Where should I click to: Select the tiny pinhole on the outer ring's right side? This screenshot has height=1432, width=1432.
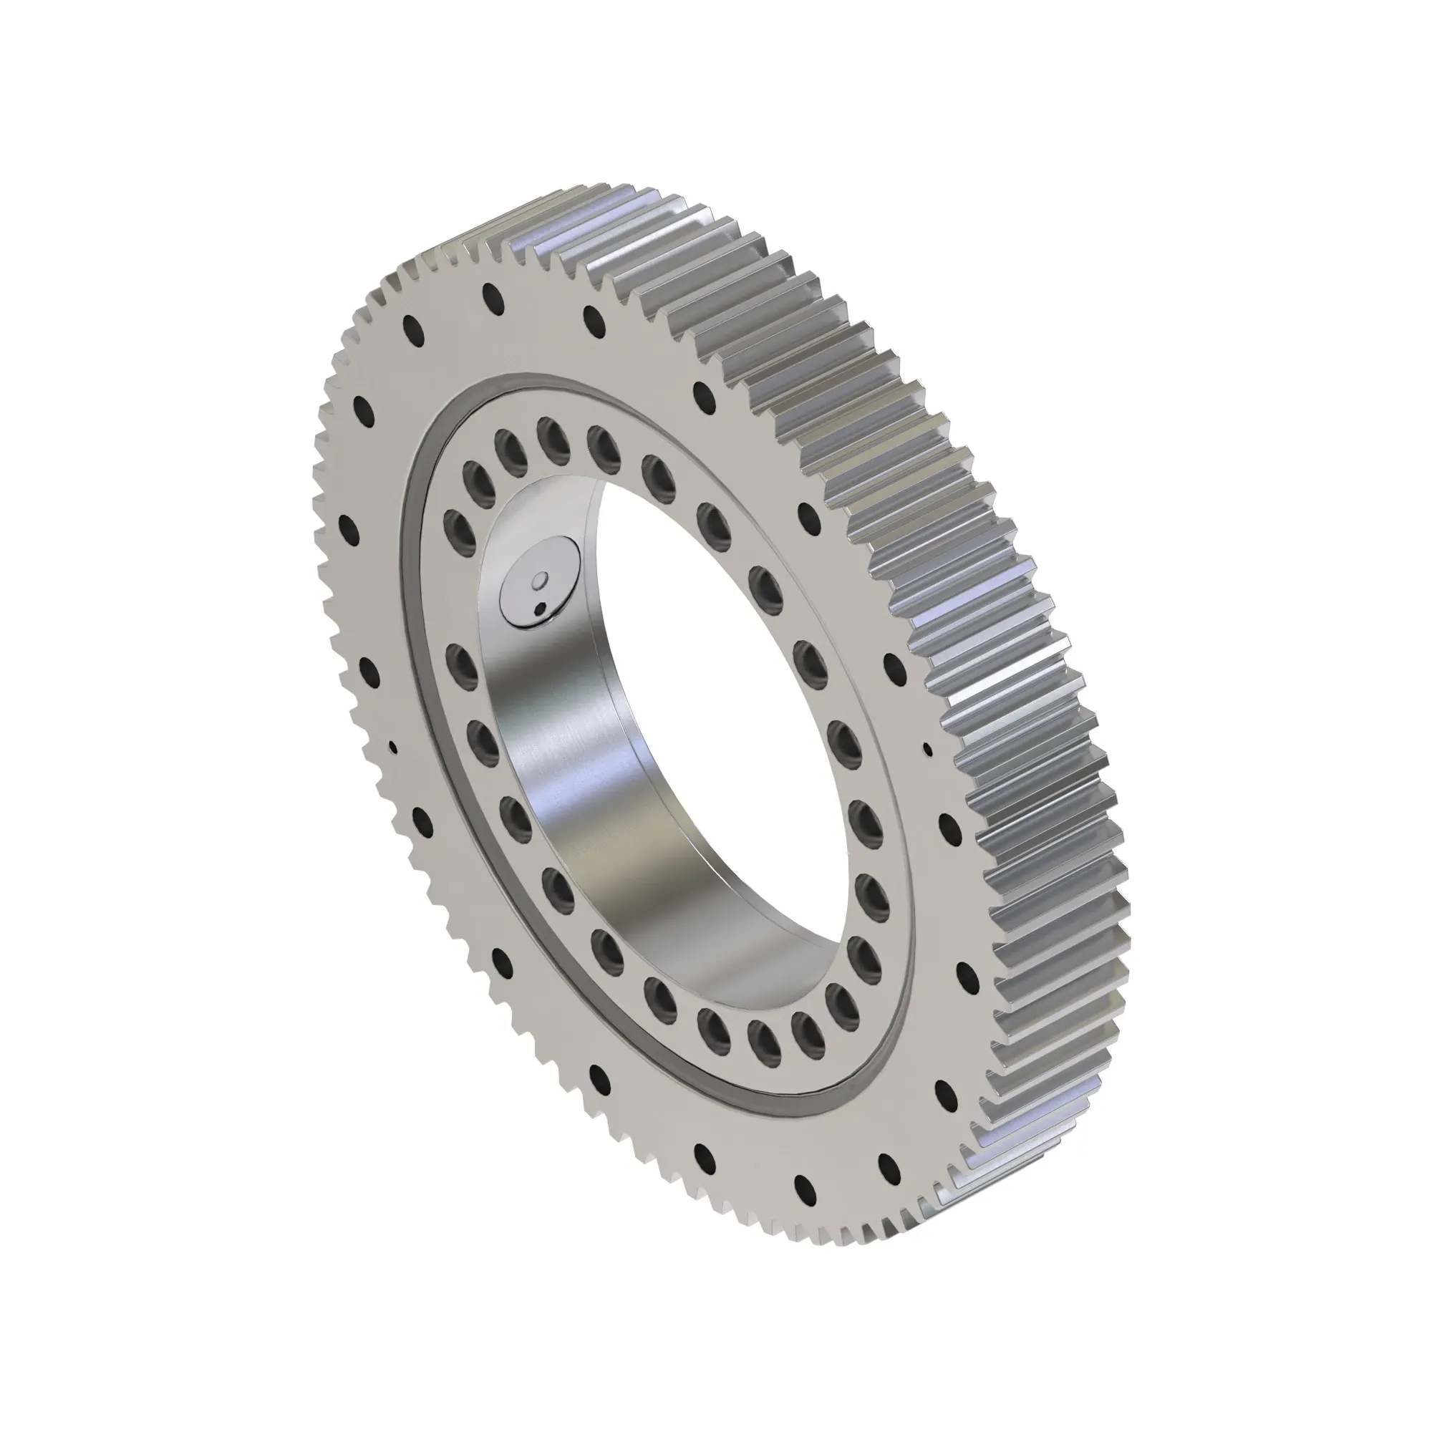click(927, 750)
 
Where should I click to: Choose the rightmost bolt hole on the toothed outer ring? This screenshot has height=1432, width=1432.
click(967, 972)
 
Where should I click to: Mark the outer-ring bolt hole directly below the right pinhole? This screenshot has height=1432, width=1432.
click(947, 821)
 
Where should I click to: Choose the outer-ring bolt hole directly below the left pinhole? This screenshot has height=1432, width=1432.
click(421, 819)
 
